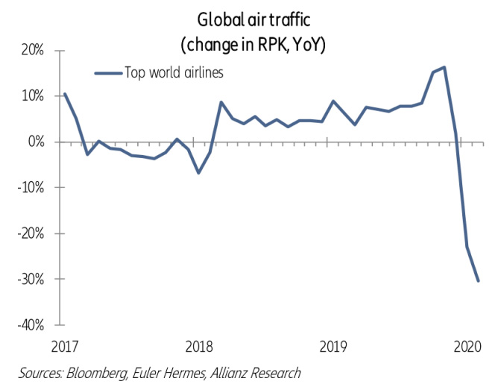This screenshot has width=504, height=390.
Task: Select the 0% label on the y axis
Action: click(x=37, y=142)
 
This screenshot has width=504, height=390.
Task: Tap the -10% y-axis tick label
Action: click(x=32, y=188)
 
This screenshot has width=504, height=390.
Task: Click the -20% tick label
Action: click(x=32, y=233)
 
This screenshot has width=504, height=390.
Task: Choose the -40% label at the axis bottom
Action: click(x=32, y=325)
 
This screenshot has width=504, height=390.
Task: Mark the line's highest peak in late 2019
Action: click(x=444, y=67)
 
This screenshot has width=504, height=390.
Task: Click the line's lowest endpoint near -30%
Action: click(x=478, y=281)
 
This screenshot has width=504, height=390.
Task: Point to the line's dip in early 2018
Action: click(x=198, y=173)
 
